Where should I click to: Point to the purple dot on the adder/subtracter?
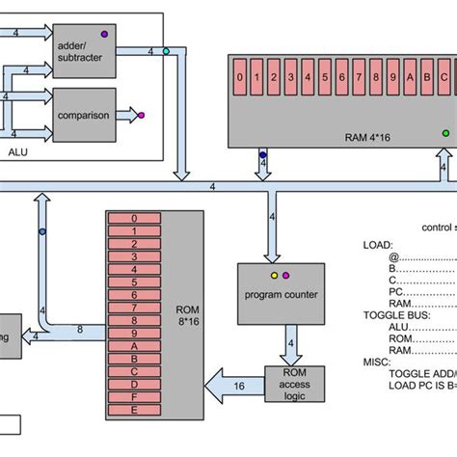[x=104, y=34]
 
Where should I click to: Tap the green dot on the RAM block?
[x=444, y=132]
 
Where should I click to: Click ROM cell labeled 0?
[x=134, y=220]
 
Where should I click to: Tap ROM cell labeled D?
[x=134, y=383]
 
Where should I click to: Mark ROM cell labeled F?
[x=134, y=397]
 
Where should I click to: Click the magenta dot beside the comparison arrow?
[x=142, y=116]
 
